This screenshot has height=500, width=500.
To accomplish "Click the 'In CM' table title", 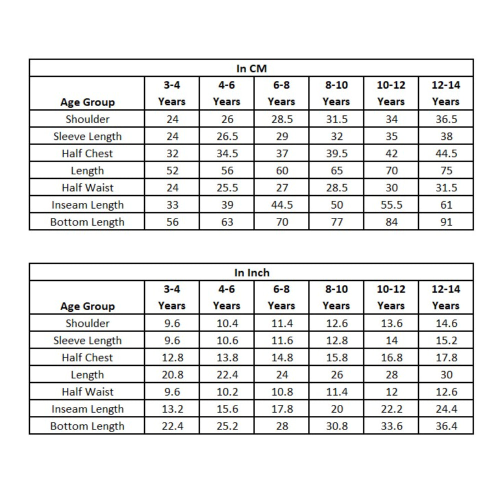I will pos(251,68).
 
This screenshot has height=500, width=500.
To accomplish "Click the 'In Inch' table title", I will pos(251,272).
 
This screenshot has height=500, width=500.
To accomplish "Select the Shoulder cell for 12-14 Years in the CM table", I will pos(446,119).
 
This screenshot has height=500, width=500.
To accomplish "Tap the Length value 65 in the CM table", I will pos(336,171).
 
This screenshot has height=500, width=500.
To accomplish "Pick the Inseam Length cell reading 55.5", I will pos(391,205).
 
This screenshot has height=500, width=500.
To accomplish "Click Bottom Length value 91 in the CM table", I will pos(446,222).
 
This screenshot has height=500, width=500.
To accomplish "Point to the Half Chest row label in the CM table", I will pos(87,153).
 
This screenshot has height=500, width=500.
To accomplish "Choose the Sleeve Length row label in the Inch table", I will pos(87,340).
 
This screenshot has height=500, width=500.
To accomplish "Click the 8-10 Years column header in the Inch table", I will pos(336,297).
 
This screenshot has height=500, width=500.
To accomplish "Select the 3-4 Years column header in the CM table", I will pos(171,93).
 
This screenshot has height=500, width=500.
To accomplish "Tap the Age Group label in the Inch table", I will pos(87,306).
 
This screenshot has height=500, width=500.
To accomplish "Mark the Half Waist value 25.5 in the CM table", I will pos(227,188).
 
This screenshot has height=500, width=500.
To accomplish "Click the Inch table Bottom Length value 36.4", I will pos(446,426).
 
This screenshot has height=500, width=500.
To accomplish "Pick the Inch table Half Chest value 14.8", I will pos(281,358).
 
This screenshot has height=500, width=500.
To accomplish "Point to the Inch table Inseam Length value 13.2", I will pos(172,409).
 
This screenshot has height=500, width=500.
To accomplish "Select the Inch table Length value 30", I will pos(446,375).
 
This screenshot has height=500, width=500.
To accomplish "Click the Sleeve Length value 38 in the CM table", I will pos(446,136).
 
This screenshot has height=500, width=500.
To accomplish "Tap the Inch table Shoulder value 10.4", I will pos(227,323).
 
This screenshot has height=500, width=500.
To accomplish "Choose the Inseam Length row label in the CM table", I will pos(87,205).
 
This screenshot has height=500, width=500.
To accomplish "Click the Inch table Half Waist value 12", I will pos(391,392).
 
